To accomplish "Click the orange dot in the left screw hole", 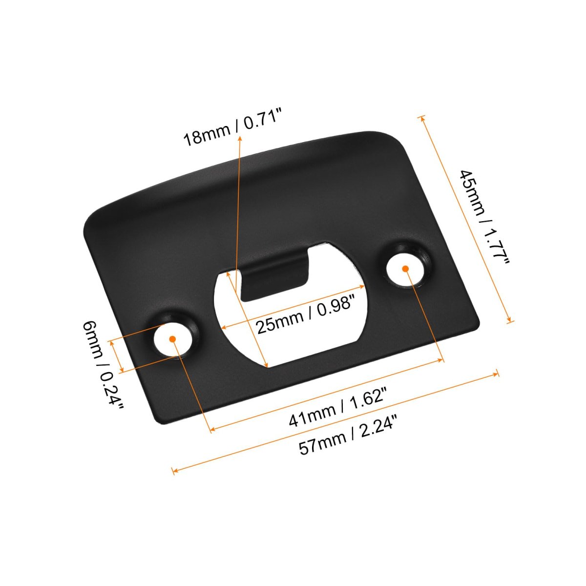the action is (172, 339).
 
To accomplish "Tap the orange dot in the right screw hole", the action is (405, 269).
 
